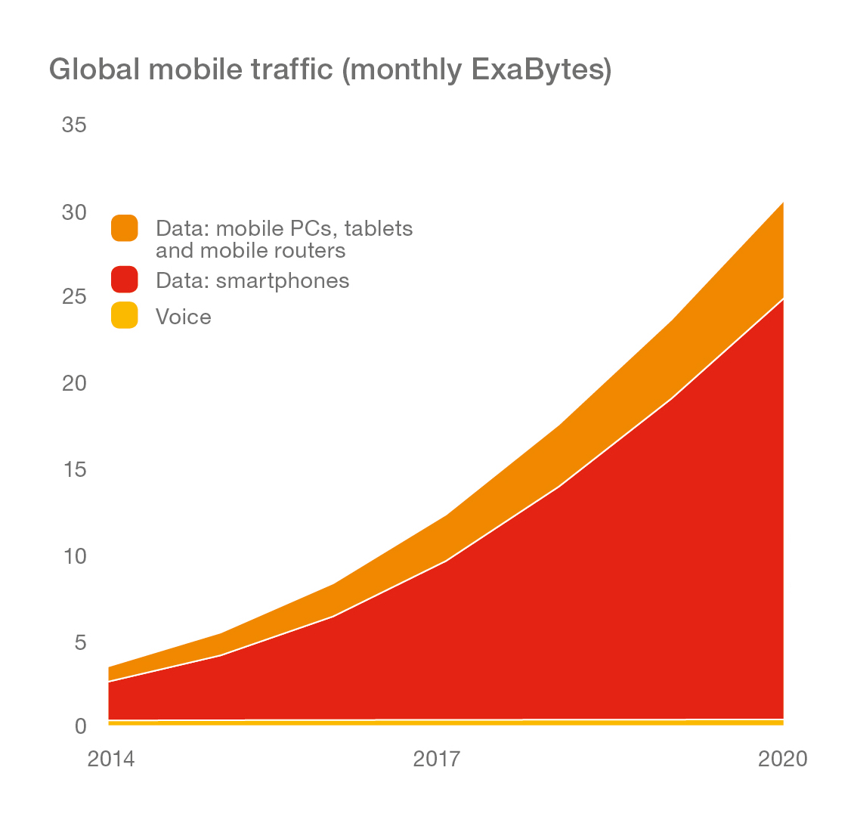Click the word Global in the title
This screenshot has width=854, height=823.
[94, 70]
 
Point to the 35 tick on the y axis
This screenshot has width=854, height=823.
[73, 125]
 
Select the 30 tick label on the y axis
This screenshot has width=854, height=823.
[73, 212]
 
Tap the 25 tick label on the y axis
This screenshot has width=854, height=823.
[73, 296]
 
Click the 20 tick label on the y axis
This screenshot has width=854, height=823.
[73, 383]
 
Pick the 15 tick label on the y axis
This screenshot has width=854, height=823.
[73, 470]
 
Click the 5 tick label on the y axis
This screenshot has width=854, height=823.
[79, 643]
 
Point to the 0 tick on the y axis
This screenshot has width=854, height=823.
[80, 726]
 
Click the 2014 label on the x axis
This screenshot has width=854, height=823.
[111, 759]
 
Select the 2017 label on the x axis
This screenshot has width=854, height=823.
[436, 759]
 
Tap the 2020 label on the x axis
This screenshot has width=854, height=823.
[782, 759]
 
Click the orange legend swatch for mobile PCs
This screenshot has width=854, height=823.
[124, 228]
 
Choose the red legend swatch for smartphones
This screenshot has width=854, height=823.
[124, 280]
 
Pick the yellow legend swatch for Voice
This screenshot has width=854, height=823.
[124, 315]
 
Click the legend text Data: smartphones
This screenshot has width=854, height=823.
[252, 281]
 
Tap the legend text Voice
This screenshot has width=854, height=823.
[184, 317]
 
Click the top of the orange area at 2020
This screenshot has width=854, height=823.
[782, 203]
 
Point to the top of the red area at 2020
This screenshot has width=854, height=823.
[782, 299]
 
